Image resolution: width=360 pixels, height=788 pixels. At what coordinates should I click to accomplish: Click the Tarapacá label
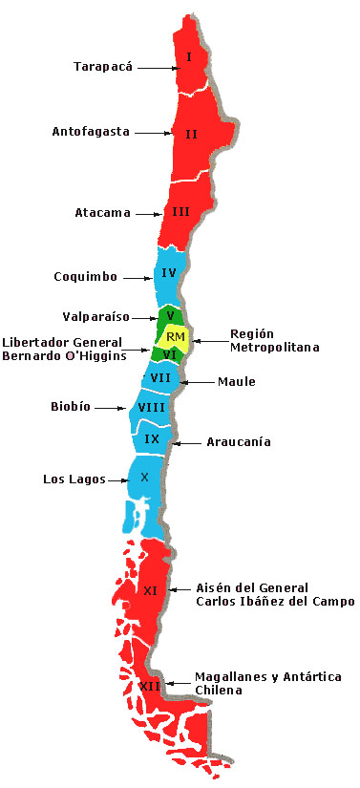103,67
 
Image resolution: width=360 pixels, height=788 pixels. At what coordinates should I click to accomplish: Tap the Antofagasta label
91,132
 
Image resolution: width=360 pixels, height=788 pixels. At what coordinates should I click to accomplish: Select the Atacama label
102,212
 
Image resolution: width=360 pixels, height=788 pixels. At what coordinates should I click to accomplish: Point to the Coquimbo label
86,277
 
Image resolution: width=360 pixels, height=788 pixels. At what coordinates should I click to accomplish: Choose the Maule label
237,382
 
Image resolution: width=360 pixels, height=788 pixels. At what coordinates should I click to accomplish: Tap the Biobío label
71,406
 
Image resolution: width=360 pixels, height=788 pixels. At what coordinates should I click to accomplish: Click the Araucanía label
239,442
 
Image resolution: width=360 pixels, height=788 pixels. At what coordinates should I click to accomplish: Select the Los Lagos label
70,479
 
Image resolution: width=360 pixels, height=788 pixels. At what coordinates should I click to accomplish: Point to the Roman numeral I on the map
190,57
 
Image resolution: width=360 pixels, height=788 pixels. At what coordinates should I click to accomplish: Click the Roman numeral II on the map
191,134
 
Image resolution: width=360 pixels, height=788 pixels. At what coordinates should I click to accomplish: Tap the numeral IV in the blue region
169,272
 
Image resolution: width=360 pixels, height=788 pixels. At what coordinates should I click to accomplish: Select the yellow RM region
175,335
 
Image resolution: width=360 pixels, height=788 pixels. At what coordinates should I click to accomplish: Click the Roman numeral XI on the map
150,590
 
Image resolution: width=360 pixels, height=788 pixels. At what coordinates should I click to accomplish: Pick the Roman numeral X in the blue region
144,476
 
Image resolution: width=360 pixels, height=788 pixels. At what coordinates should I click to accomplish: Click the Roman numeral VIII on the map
151,407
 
